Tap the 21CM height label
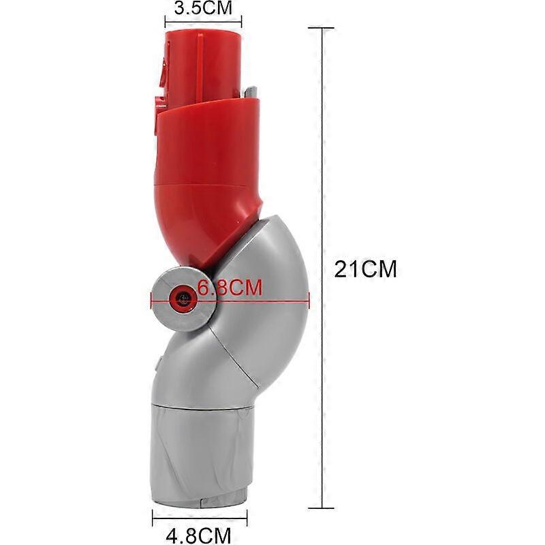[365, 268]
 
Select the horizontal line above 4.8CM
[200, 516]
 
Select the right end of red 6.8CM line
[309, 296]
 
